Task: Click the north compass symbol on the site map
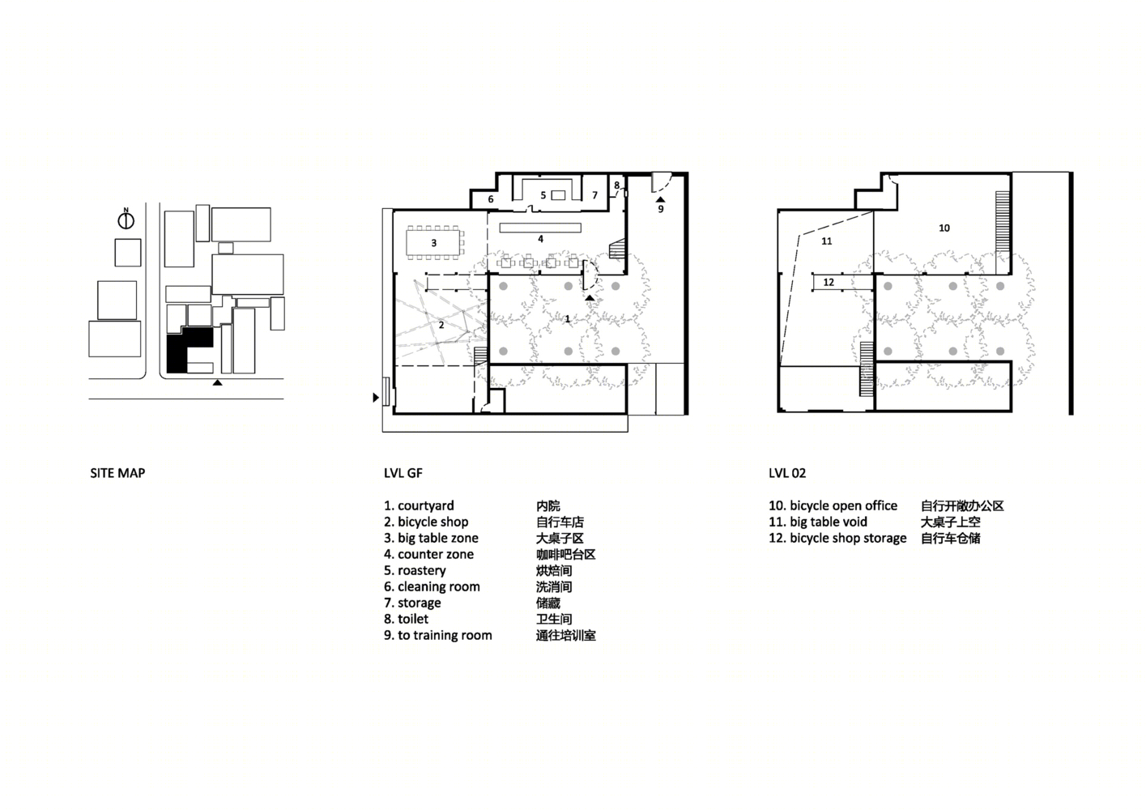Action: [126, 220]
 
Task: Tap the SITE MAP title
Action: [117, 473]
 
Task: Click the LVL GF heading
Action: [403, 473]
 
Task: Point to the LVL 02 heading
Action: [787, 473]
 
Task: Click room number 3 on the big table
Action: [434, 243]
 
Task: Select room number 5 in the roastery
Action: [543, 195]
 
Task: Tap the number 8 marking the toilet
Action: [617, 185]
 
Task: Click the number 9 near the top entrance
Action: [661, 209]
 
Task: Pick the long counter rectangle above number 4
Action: [540, 227]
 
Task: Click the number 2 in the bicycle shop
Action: [441, 325]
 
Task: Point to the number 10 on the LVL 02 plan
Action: [944, 228]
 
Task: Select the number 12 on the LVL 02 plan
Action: [829, 282]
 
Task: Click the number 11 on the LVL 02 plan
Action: [827, 241]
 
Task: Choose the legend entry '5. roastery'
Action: [415, 570]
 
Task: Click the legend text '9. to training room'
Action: [438, 635]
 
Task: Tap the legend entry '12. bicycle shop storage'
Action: [837, 538]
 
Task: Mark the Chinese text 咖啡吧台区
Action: [566, 554]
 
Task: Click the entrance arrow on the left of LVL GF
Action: [376, 397]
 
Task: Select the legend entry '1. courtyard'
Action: [419, 505]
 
